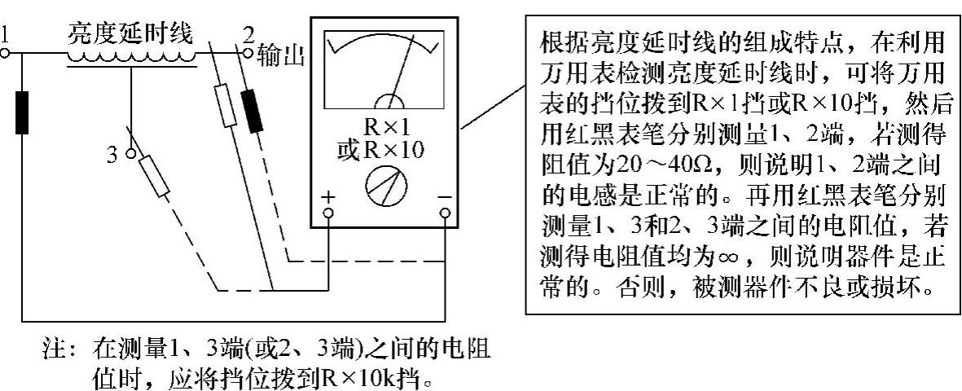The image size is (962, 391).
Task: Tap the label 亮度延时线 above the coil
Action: click(130, 34)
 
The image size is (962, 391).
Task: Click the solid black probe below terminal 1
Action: click(22, 112)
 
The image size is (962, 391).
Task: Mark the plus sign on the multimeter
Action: click(328, 198)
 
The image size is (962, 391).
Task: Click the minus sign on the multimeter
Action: click(444, 198)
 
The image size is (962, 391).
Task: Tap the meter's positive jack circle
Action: click(328, 213)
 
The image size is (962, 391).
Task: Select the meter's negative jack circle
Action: click(445, 213)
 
